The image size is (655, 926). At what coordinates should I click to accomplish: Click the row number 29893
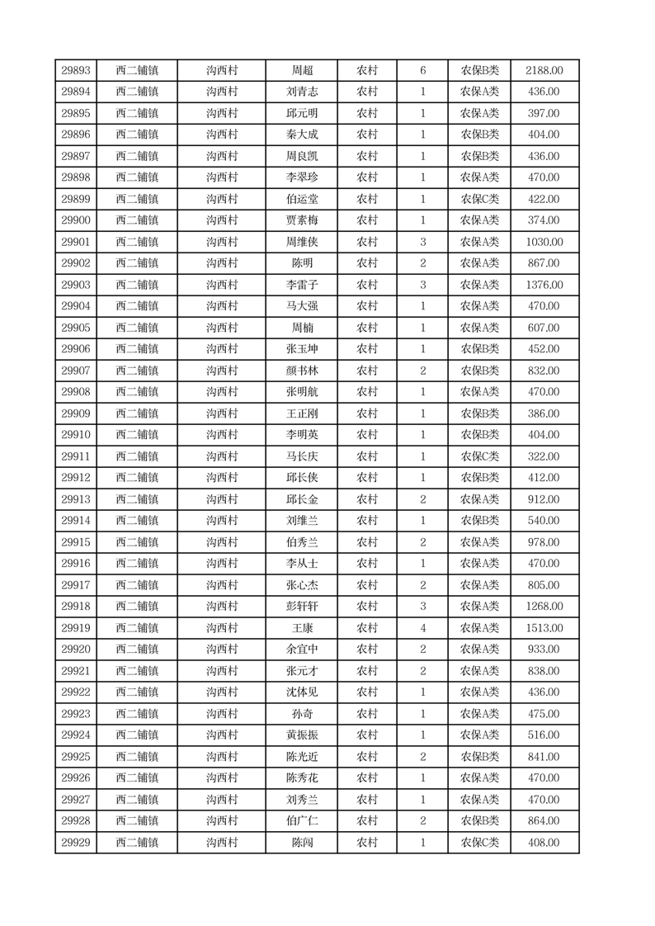76,71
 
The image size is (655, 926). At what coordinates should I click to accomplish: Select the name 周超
302,71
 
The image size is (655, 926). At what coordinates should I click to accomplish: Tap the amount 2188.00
544,71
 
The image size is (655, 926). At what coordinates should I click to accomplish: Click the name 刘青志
302,92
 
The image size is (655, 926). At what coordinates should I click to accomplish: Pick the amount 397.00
544,114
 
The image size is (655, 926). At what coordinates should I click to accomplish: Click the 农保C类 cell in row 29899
479,199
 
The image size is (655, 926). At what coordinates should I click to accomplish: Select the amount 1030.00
544,242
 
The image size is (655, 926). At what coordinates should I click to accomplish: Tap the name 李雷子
302,285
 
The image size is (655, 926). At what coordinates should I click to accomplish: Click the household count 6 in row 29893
422,71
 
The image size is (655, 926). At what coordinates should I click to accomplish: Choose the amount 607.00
544,328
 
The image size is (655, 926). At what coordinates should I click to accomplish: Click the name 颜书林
302,371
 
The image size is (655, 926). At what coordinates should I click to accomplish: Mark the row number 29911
76,456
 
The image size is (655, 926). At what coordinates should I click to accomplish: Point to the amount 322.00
544,456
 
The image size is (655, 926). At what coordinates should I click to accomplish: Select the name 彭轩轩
302,607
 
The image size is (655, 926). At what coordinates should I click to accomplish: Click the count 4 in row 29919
422,628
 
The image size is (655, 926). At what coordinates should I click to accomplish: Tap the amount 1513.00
544,628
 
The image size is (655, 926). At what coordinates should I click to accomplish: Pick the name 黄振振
302,735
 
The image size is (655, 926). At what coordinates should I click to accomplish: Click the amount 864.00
544,821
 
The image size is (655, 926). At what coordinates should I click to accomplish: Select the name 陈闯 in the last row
302,843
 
